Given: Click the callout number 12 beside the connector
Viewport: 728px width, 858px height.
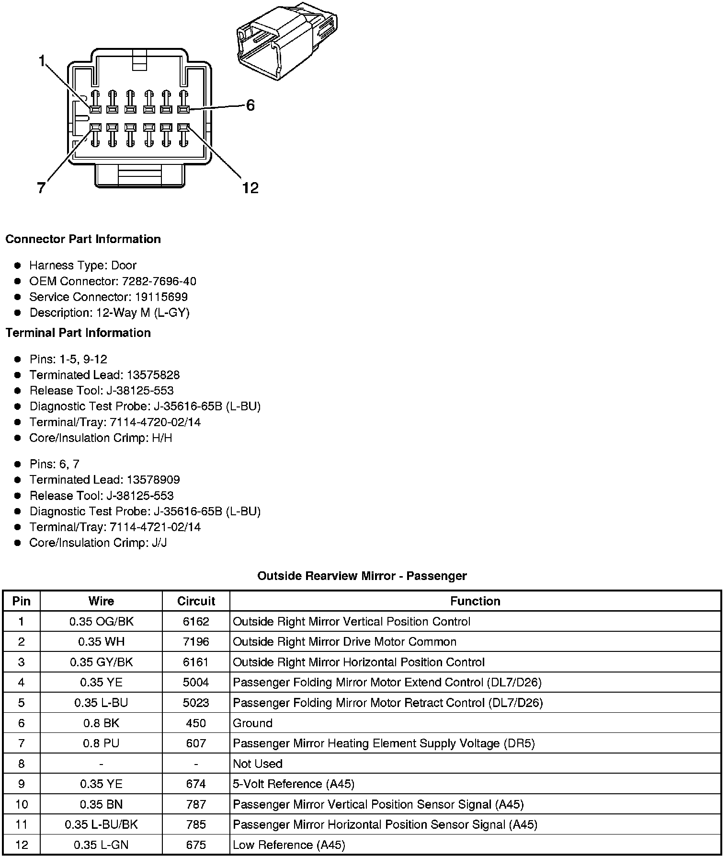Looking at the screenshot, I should [x=250, y=188].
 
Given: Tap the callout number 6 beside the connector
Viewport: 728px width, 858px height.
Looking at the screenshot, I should [x=250, y=105].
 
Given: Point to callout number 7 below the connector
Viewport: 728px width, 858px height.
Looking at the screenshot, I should [x=42, y=188].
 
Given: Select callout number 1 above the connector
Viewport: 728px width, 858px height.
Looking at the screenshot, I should [x=43, y=61].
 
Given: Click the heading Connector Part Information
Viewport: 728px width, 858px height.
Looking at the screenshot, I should [x=83, y=239].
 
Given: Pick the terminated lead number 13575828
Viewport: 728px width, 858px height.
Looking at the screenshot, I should [x=153, y=375].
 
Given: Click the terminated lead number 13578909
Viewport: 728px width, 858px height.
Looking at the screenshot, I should [x=153, y=480].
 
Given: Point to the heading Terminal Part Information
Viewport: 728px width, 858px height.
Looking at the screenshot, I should [x=78, y=333].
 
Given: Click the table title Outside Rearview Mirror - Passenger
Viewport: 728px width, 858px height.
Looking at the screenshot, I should [x=362, y=576].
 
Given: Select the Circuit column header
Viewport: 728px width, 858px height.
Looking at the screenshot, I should [x=196, y=601].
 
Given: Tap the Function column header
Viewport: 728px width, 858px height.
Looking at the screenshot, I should [x=475, y=601].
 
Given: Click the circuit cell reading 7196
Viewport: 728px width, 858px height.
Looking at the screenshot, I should [x=196, y=642].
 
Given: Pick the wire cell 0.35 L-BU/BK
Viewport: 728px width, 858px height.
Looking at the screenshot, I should [x=101, y=824].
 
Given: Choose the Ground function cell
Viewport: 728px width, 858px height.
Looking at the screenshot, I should [x=252, y=723].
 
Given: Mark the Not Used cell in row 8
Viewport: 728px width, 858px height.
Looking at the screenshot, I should [x=258, y=764].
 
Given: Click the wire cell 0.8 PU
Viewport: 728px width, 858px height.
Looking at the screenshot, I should [x=101, y=743].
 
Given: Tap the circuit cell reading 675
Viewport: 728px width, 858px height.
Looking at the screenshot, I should [x=196, y=845].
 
